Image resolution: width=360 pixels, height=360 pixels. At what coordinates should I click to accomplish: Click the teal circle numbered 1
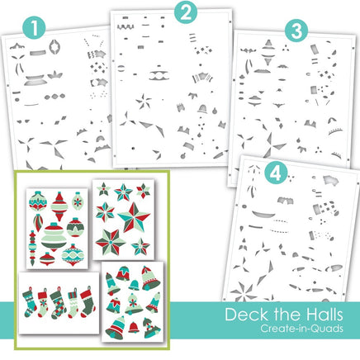pyautogui.click(x=34, y=27)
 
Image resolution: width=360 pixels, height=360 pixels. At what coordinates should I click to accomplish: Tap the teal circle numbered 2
pyautogui.click(x=186, y=12)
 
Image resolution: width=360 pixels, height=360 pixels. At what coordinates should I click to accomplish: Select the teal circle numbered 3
pyautogui.click(x=296, y=31)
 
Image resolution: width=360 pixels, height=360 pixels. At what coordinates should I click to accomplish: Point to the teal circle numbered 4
pyautogui.click(x=276, y=173)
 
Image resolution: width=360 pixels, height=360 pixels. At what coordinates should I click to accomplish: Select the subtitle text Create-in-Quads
pyautogui.click(x=301, y=329)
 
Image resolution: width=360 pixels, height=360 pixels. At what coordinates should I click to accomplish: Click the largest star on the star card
pyautogui.click(x=134, y=217)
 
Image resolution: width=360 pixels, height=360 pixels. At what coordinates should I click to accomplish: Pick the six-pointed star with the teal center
pyautogui.click(x=111, y=242)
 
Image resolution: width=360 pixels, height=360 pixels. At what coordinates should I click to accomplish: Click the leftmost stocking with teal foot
pyautogui.click(x=30, y=302)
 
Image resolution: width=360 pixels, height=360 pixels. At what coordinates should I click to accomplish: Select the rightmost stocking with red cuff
pyautogui.click(x=88, y=301)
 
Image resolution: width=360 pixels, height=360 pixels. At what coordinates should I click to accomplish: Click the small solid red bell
pyautogui.click(x=134, y=327)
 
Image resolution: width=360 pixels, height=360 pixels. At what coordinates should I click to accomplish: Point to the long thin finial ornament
pyautogui.click(x=32, y=248)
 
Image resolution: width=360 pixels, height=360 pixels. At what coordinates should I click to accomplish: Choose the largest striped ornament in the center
pyautogui.click(x=54, y=236)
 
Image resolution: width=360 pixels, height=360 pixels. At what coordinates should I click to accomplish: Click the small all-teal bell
pyautogui.click(x=134, y=285)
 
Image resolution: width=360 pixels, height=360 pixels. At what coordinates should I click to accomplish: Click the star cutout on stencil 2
pyautogui.click(x=144, y=102)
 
